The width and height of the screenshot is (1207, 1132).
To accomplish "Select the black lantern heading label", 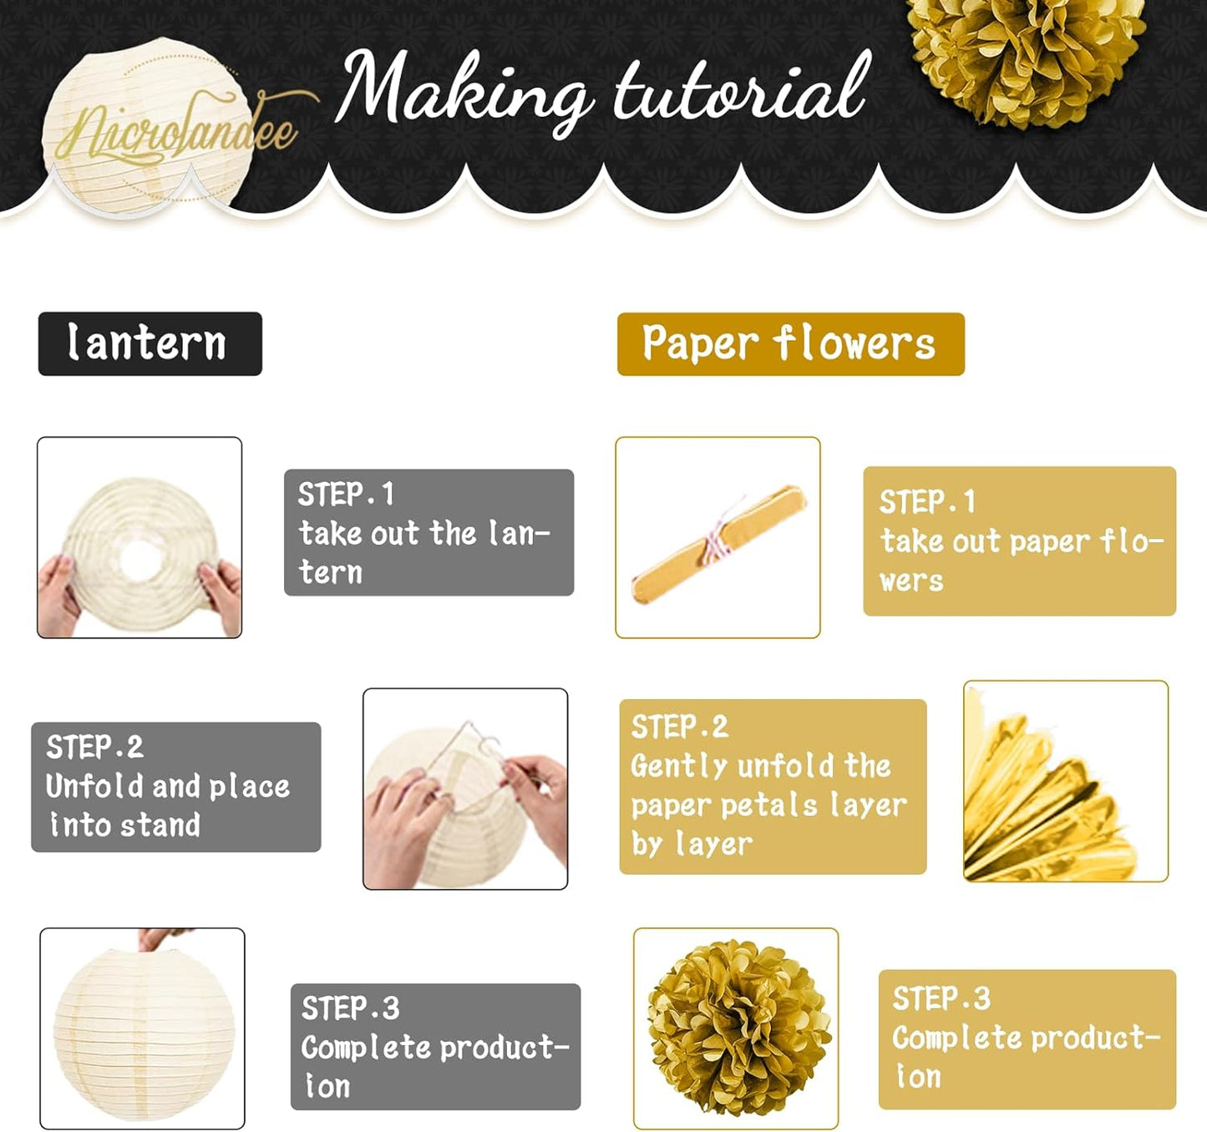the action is coord(150,343).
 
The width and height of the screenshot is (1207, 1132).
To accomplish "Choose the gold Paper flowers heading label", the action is coord(791,344).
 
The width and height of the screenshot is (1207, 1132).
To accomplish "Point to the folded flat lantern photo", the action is coord(139,537).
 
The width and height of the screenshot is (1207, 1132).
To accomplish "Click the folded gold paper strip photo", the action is coord(718,537).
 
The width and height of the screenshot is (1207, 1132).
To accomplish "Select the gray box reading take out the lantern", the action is coord(429,532).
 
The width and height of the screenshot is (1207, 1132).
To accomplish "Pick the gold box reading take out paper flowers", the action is coord(1020,541).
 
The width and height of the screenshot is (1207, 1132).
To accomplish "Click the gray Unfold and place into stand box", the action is coord(176,787).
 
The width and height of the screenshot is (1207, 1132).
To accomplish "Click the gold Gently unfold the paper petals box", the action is coord(773,787).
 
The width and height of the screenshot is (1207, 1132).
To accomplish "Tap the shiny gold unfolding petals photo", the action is coord(1066,780).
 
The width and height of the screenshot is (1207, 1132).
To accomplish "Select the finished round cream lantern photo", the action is coord(143,1028).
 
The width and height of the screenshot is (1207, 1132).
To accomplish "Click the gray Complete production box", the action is coord(436,1047).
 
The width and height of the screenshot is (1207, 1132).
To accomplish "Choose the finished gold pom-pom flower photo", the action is coord(736,1028).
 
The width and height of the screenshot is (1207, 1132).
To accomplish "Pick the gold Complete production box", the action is coord(1027,1039).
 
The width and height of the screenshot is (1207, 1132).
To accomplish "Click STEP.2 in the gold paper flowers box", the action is coord(679,727).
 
